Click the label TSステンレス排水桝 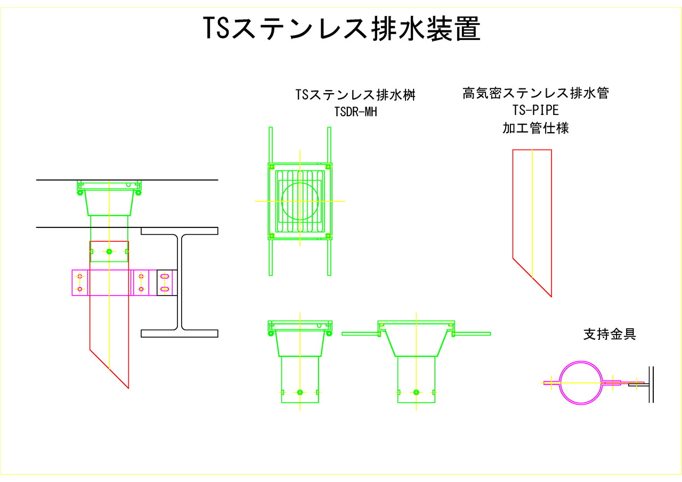click(355, 95)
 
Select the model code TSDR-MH click(355, 112)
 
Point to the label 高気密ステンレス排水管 click(535, 93)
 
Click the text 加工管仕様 click(535, 128)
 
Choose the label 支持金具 click(610, 334)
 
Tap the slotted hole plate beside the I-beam click(165, 282)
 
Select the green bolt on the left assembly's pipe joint click(109, 251)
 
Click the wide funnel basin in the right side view click(416, 344)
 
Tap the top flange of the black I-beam click(179, 231)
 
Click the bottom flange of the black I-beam click(179, 333)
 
